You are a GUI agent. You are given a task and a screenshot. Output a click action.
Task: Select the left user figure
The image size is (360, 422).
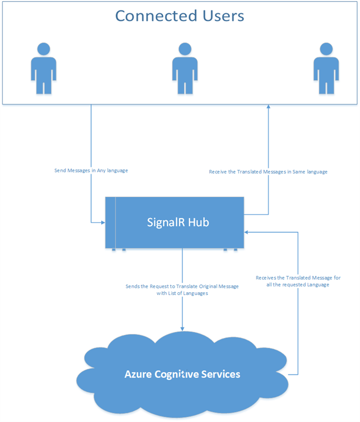click(x=42, y=67)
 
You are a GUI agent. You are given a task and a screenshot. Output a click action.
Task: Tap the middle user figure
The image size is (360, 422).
click(x=185, y=67)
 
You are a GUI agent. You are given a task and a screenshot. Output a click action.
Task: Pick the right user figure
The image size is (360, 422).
click(x=326, y=67)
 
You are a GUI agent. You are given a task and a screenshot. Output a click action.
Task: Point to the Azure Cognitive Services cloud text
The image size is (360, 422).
click(x=182, y=374)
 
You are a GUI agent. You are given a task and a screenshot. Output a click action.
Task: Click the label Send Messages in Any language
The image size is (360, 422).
click(x=91, y=171)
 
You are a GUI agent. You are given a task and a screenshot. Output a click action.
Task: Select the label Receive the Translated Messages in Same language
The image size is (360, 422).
click(x=268, y=172)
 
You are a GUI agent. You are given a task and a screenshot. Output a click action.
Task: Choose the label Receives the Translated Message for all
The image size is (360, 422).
click(x=298, y=281)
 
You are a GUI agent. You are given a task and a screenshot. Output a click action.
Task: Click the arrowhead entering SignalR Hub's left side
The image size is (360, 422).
click(x=102, y=223)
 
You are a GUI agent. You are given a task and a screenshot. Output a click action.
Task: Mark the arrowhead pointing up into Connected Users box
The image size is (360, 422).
click(x=268, y=108)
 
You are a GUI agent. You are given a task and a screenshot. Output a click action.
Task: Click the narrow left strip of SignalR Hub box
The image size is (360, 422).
click(x=111, y=223)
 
